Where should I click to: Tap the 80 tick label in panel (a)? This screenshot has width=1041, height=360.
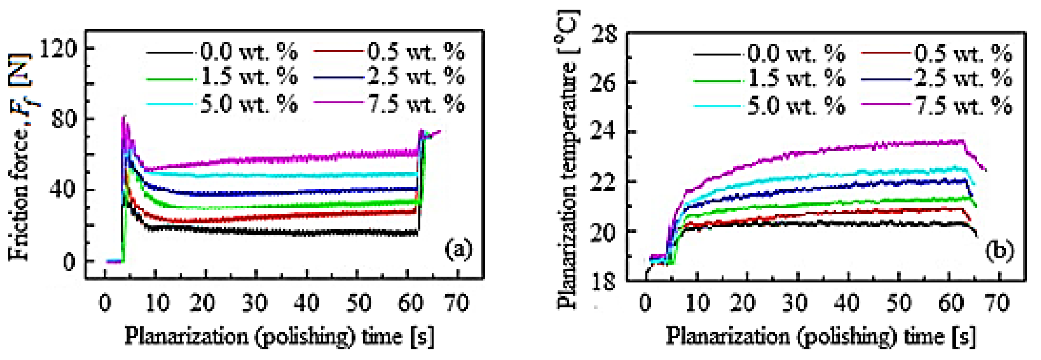64,120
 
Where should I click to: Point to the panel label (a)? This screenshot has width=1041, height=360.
458,249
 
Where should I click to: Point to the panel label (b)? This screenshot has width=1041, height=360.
999,251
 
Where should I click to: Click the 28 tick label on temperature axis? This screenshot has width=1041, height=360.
604,34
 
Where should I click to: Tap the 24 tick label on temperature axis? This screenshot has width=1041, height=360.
604,132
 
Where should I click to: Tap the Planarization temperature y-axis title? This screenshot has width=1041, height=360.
567,160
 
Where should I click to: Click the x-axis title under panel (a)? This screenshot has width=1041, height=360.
279,336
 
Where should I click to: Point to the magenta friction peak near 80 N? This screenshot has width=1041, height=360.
124,118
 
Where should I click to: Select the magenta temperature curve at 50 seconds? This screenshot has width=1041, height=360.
898,144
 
